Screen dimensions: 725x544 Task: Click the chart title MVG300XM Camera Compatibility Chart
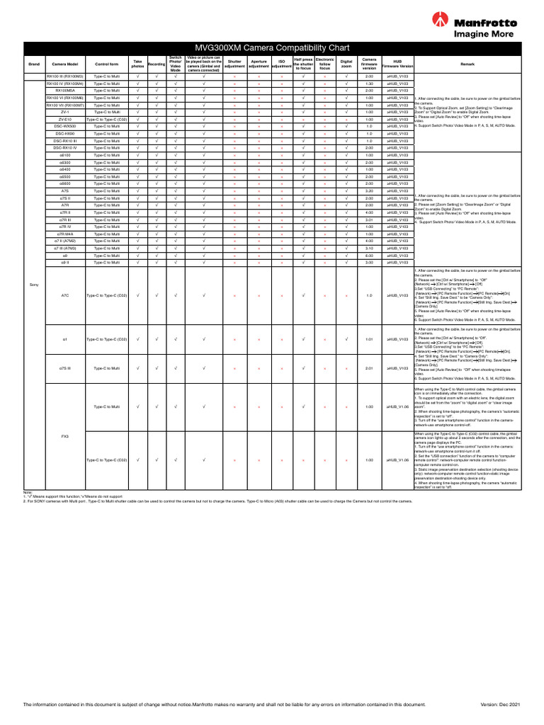(x=272, y=47)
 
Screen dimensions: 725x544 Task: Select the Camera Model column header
(x=64, y=64)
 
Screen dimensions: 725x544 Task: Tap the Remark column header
(x=467, y=64)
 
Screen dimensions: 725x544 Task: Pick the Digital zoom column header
(x=346, y=64)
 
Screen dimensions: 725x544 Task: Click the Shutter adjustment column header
(x=234, y=64)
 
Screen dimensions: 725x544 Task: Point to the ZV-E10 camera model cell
(x=64, y=119)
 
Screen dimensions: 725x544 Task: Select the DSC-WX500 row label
(x=64, y=126)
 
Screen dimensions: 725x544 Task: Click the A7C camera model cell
(x=64, y=295)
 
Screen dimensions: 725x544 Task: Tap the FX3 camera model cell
(x=64, y=436)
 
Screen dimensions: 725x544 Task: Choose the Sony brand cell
(x=34, y=284)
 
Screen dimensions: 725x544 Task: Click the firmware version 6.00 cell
(x=369, y=256)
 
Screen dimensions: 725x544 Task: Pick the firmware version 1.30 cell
(x=369, y=84)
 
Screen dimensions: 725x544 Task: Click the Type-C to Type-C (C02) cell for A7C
(x=106, y=295)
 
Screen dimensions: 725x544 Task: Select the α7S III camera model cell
(x=64, y=368)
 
